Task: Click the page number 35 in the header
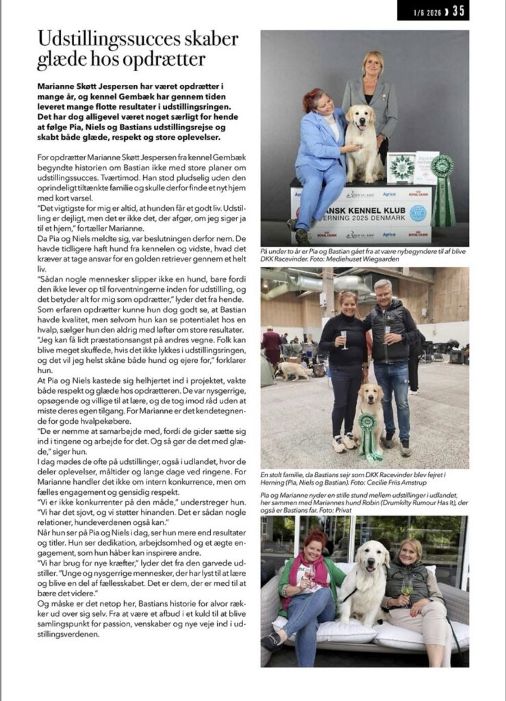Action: tap(458, 10)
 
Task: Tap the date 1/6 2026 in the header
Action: tap(425, 11)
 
